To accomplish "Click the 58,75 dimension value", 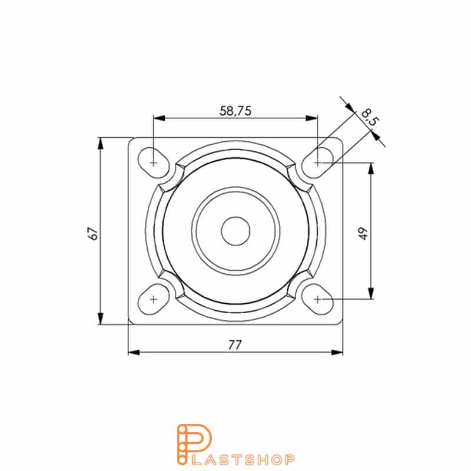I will (x=235, y=111).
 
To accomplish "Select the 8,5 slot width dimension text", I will (x=370, y=116).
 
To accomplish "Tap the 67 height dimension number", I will (x=92, y=232).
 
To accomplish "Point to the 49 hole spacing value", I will (x=363, y=233).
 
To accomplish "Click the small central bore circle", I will (x=235, y=230).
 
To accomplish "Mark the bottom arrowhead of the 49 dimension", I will (x=371, y=294).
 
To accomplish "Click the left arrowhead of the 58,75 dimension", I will (x=158, y=118).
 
